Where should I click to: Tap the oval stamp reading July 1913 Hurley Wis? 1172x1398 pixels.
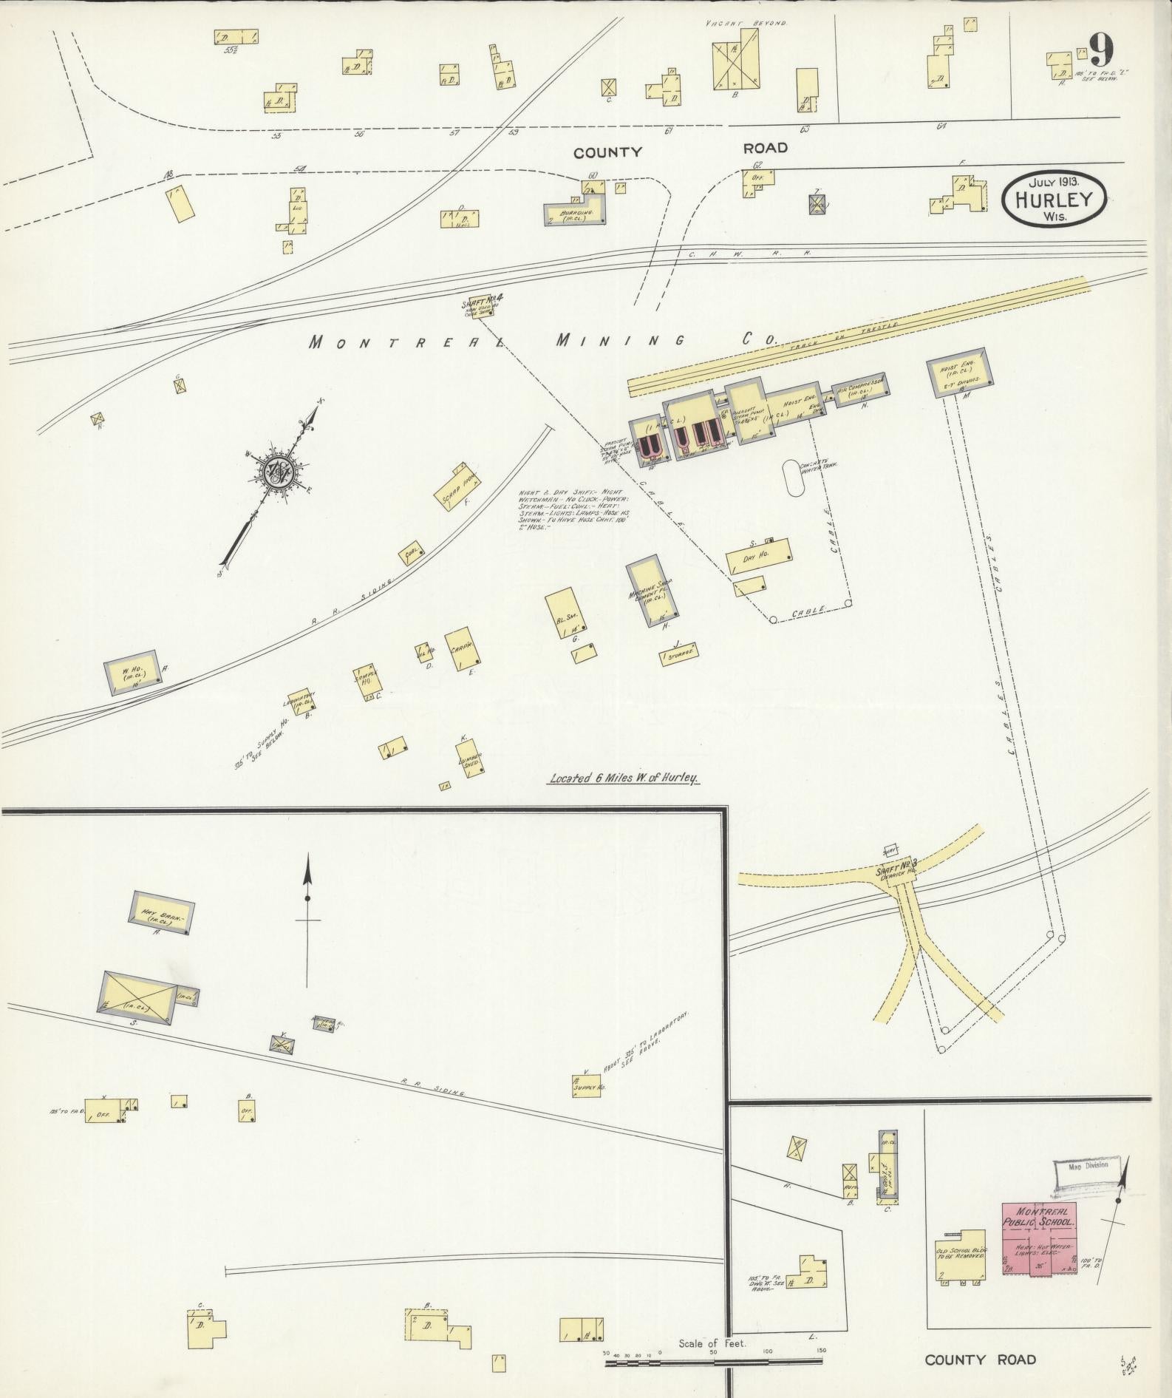click(1055, 198)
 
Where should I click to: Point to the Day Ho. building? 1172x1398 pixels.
click(758, 557)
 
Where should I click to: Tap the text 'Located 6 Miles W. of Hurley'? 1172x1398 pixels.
click(624, 778)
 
